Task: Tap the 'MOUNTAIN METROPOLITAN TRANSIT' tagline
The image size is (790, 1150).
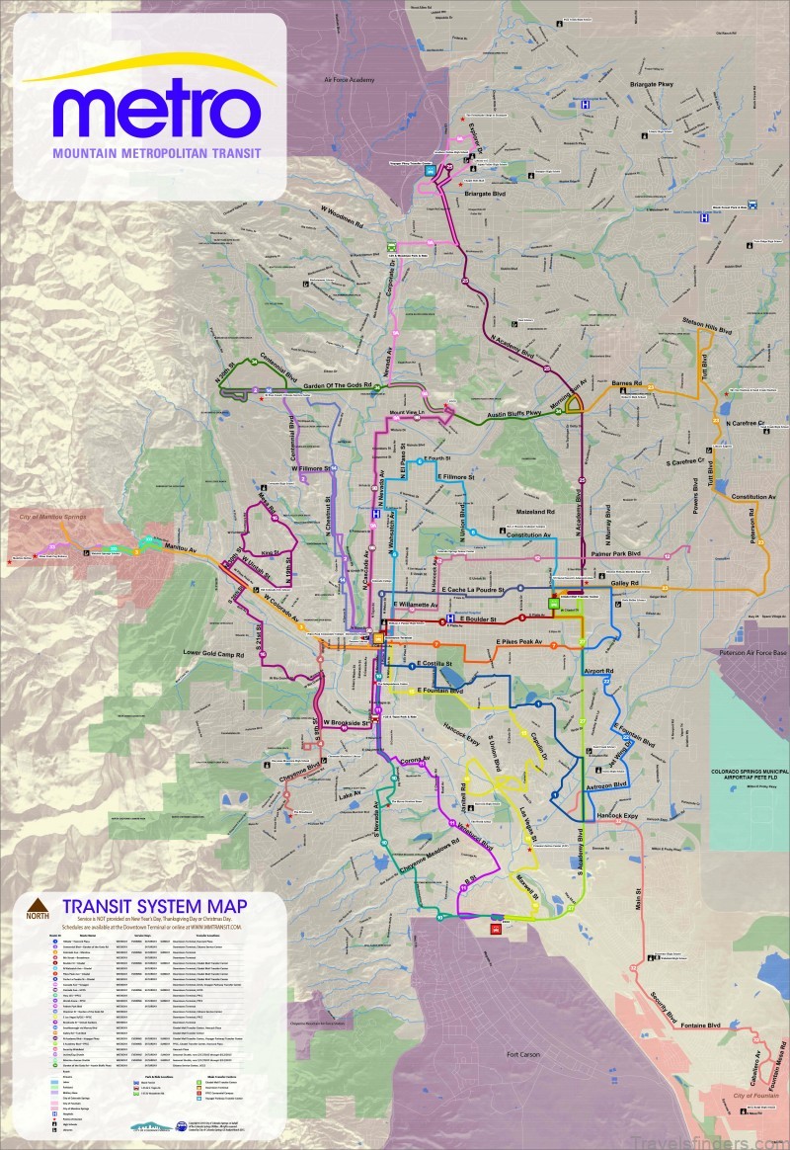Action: [155, 154]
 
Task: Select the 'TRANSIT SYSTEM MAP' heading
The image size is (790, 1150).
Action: [154, 905]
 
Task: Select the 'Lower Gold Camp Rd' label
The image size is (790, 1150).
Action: [218, 653]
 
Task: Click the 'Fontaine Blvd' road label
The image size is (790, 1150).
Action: [707, 1027]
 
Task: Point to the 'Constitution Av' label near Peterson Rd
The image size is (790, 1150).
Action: [753, 496]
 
